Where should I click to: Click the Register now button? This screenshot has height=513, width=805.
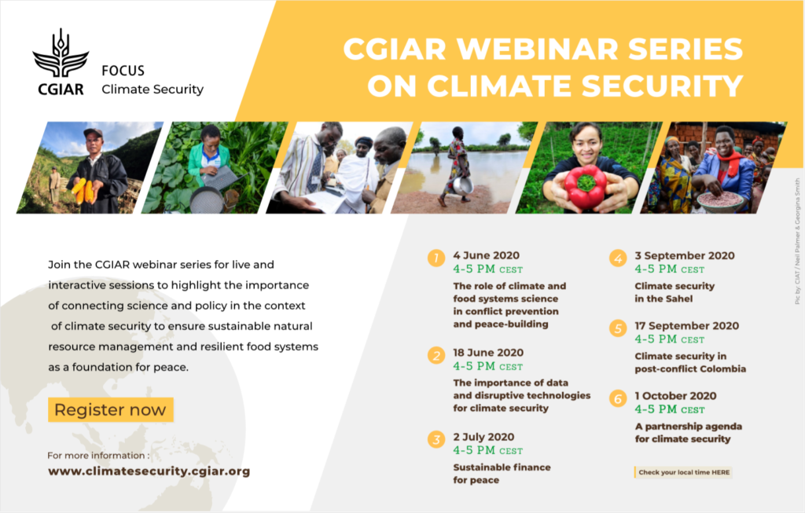[x=111, y=409]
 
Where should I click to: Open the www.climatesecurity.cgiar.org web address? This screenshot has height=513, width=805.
[x=149, y=471]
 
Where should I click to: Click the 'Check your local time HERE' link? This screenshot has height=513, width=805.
[x=684, y=472]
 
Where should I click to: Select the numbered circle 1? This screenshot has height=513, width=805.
[x=436, y=258]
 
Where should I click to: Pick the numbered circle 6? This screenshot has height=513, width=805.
[x=618, y=398]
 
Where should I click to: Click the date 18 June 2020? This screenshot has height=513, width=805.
[x=487, y=353]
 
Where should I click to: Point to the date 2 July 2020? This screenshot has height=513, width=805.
[x=483, y=437]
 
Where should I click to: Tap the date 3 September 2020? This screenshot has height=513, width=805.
[x=685, y=255]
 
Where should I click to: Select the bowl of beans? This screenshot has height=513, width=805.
[x=720, y=200]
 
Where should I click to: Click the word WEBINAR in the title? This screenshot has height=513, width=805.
[x=537, y=49]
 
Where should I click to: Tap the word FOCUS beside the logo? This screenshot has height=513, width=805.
[x=123, y=70]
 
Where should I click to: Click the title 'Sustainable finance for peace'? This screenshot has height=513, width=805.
[x=502, y=474]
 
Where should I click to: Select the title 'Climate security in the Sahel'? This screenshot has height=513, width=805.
[x=674, y=292]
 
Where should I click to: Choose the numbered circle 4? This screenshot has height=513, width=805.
[x=618, y=258]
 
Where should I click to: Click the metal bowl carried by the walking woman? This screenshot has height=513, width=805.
[x=462, y=185]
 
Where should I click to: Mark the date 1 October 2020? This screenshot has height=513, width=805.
[x=675, y=395]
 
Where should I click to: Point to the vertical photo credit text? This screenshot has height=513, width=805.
[x=797, y=241]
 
